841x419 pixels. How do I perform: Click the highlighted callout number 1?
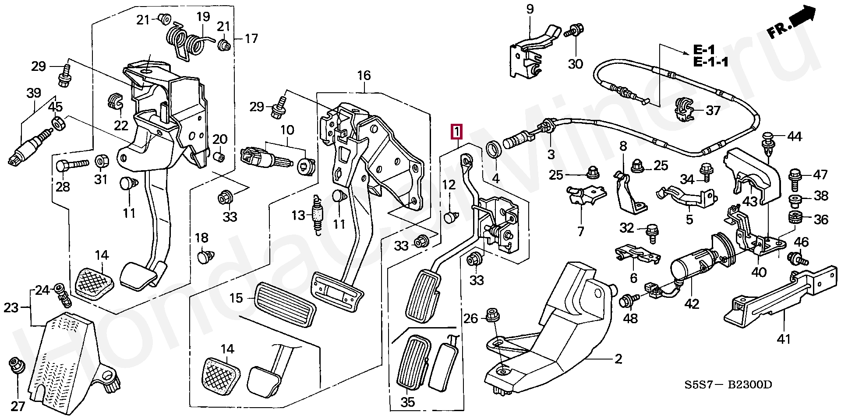pyautogui.click(x=456, y=131)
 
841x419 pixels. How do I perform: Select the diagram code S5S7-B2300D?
pyautogui.click(x=728, y=385)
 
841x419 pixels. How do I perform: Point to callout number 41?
pyautogui.click(x=784, y=338)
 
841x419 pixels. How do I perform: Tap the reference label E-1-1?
pyautogui.click(x=710, y=63)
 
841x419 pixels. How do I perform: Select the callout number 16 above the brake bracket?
pyautogui.click(x=364, y=76)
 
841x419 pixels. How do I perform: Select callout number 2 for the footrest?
pyautogui.click(x=618, y=360)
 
